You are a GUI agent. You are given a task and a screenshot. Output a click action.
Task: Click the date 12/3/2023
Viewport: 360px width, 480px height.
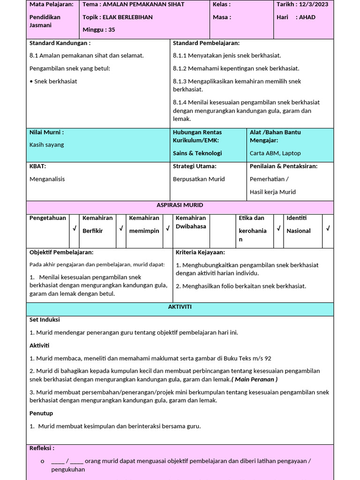[x=314, y=4]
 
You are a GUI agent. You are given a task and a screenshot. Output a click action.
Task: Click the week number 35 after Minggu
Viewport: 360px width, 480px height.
[x=111, y=30]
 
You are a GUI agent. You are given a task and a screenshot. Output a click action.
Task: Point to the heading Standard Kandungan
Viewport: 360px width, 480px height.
[x=60, y=43]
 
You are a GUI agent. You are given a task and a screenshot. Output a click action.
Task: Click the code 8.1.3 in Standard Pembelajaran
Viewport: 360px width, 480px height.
[x=180, y=81]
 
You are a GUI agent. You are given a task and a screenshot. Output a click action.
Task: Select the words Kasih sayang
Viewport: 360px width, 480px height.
[x=47, y=145]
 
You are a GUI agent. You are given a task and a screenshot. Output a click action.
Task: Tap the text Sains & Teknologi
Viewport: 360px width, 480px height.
[x=197, y=153]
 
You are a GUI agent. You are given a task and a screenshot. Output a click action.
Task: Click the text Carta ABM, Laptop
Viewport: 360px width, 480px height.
[x=275, y=153]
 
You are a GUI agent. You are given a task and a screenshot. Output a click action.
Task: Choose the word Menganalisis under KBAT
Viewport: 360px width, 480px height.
[x=47, y=179]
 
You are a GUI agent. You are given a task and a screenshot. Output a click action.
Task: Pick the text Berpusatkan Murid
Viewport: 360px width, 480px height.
[x=199, y=179]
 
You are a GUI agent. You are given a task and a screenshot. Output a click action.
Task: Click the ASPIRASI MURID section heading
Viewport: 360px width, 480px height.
[x=180, y=205]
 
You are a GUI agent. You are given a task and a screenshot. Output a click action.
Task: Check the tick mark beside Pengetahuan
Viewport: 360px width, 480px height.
[x=74, y=229]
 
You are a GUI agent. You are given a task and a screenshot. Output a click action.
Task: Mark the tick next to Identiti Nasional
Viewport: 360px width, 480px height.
[x=328, y=229]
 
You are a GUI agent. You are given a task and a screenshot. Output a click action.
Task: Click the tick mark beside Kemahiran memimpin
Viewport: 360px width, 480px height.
[x=167, y=229]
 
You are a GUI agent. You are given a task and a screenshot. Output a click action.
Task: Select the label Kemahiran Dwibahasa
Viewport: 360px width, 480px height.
[x=191, y=222]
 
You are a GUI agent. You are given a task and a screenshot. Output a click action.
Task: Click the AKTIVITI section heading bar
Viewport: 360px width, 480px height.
[x=180, y=307]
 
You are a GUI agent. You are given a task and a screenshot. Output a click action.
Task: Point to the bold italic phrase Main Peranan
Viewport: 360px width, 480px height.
[x=255, y=379]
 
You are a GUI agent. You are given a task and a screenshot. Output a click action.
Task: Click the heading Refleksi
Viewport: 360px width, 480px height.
[x=42, y=448]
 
